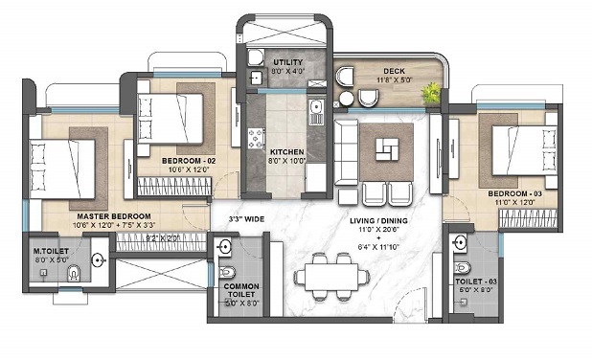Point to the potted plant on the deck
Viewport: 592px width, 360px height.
pos(433,93)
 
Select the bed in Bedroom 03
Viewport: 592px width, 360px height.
pos(513,149)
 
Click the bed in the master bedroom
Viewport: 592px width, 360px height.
pos(63,169)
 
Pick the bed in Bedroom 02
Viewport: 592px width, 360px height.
pos(171,118)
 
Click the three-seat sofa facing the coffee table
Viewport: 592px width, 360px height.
pos(348,149)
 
